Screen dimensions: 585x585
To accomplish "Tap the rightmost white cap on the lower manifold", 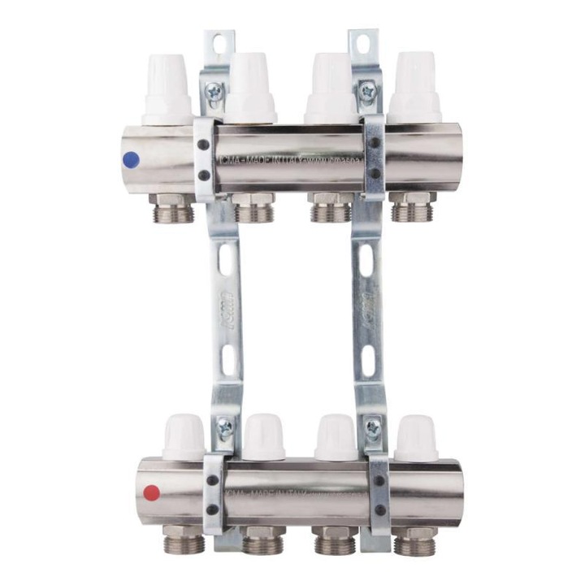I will [418, 438].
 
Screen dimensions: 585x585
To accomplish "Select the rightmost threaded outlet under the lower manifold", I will [414, 540].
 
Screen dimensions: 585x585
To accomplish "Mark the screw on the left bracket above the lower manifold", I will [224, 425].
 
